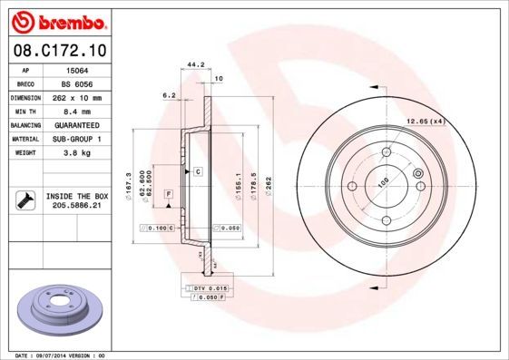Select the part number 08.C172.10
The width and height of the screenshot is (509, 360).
(x=57, y=52)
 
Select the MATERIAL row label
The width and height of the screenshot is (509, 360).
(x=24, y=139)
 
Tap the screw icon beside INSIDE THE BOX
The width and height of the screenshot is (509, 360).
(x=24, y=200)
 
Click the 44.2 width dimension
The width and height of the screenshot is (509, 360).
(x=192, y=64)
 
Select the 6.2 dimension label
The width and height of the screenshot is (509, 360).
(x=168, y=94)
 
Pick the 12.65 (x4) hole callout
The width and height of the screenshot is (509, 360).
(x=425, y=122)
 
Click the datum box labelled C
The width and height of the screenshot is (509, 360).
(x=197, y=171)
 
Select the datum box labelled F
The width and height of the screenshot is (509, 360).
(x=168, y=194)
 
